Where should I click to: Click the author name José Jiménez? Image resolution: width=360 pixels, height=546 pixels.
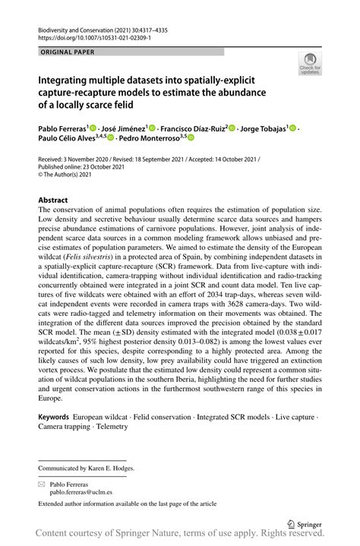point(125,129)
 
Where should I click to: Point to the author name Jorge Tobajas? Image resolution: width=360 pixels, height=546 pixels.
point(263,129)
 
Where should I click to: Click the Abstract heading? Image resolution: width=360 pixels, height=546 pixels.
point(53,200)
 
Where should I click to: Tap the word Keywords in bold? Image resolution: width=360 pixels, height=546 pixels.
point(53,418)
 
